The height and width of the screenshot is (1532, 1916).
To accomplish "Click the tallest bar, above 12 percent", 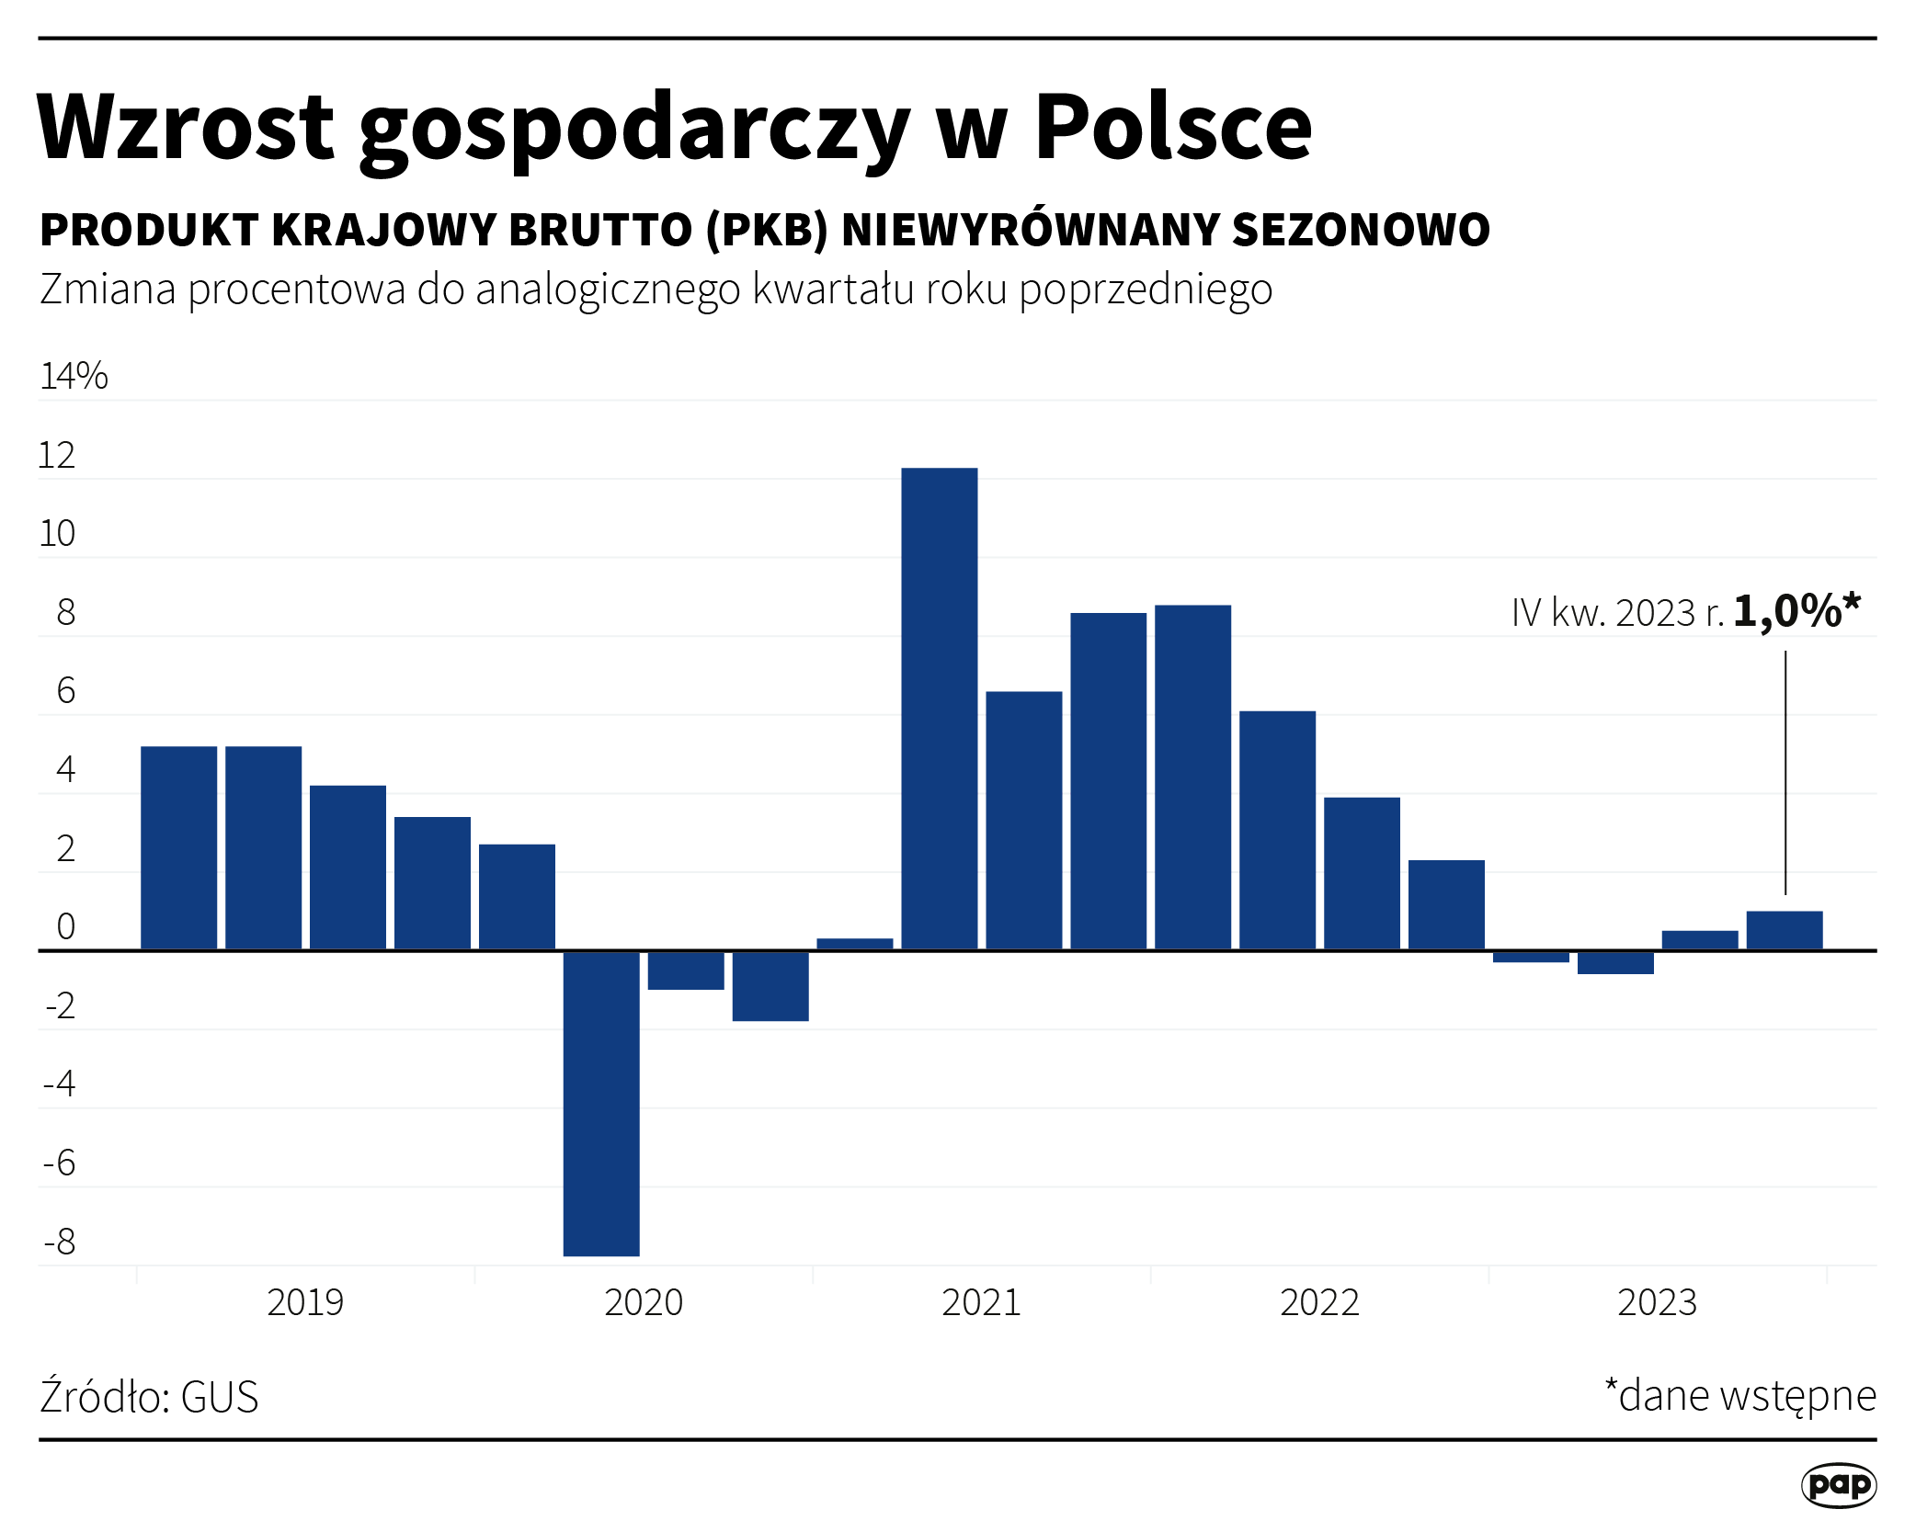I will tap(939, 708).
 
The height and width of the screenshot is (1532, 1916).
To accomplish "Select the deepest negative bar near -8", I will tap(601, 1103).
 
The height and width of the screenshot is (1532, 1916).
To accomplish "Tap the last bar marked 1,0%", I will tap(1784, 930).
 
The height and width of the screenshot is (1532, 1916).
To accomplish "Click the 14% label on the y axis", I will tap(74, 377).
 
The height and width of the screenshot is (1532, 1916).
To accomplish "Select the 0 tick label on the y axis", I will tap(65, 927).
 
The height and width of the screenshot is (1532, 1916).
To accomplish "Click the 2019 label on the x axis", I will tap(305, 1303).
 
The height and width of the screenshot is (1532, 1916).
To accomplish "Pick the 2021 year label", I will tap(981, 1303).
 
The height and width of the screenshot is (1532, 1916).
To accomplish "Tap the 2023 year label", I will tap(1657, 1303).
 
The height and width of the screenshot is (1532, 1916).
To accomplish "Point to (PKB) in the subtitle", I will tap(767, 230).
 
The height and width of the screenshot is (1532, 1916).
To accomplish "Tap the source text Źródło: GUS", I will tap(149, 1397).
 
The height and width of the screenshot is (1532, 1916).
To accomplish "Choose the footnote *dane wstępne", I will tap(1739, 1396).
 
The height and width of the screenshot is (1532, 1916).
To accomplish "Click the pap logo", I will tap(1838, 1485).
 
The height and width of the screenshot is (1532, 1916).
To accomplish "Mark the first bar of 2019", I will tap(178, 847).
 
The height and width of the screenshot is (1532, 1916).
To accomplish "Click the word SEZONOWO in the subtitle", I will tap(1361, 230).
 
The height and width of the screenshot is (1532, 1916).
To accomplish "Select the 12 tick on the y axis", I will tap(57, 456).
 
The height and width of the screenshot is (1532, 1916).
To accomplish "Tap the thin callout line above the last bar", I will tap(1785, 772).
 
